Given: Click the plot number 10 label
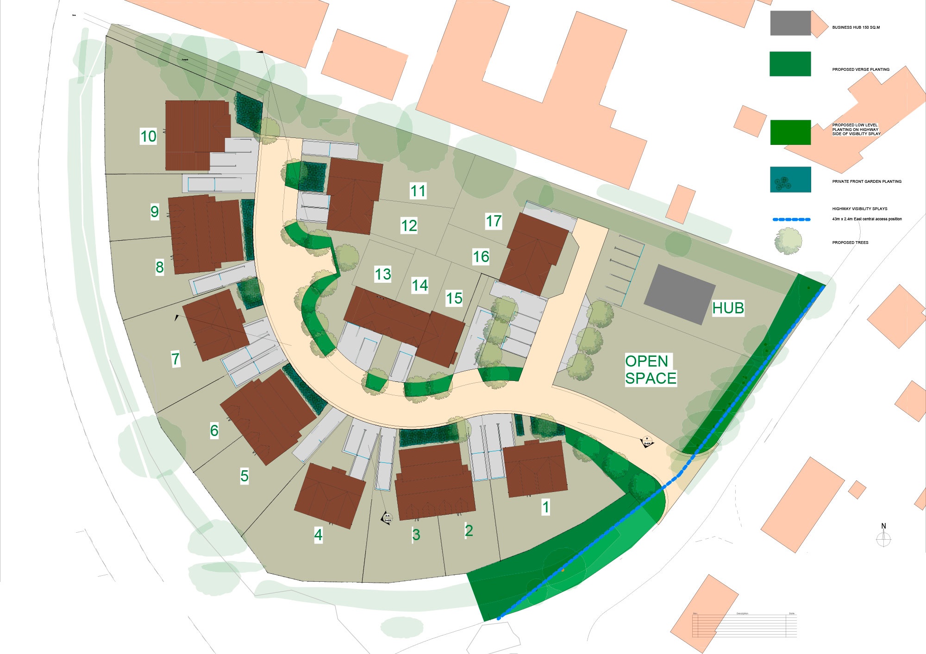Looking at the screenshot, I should pos(148,136).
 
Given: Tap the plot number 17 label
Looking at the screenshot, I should pos(494,221).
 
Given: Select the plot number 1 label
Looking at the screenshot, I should pos(546,507).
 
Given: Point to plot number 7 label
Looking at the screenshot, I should pos(175,359).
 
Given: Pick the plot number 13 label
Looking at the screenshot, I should pos(383,274).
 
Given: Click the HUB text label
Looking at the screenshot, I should pos(728,308).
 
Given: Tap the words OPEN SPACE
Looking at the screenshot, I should pos(650,370).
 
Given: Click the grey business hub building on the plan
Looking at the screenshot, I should pos(680,294).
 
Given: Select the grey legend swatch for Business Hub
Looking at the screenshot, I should pos(790,23).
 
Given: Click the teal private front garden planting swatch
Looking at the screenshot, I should pos(790,180).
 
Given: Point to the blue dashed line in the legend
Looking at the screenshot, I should pos(791,219).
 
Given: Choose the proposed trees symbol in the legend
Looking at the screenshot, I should pos(788,241).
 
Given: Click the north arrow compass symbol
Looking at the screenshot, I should pos(883,538).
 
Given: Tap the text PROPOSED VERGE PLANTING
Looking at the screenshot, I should pos(861,69).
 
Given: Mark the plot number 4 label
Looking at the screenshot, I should pos(318,535).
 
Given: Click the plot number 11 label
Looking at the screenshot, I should pos(418,191).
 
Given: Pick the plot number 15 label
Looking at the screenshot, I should pos(454,299).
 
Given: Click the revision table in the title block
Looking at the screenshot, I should pos(744,625).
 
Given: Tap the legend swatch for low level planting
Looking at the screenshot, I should pos(790,132).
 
